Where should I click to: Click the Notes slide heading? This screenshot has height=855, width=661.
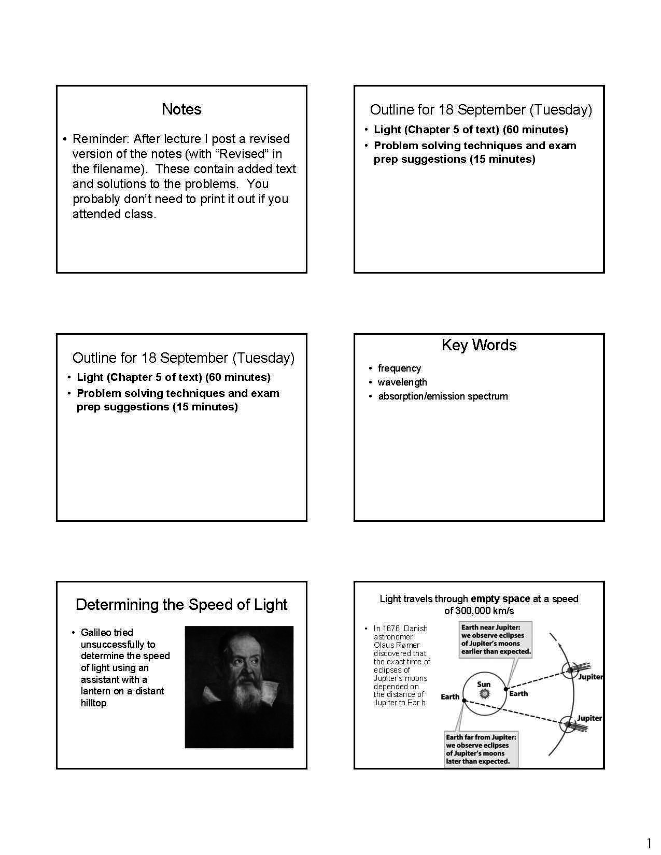click(x=181, y=109)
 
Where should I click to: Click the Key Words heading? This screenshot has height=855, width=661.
click(x=479, y=345)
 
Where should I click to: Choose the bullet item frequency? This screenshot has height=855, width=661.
click(x=399, y=368)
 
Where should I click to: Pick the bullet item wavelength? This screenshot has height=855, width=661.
click(x=402, y=382)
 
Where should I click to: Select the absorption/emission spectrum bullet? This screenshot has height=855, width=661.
click(x=443, y=396)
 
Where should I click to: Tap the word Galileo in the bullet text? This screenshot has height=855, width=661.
click(x=96, y=633)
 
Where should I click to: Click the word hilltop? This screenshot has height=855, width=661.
click(x=93, y=703)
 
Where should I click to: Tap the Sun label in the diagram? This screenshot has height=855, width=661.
click(x=484, y=684)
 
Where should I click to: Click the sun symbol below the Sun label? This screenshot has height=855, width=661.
click(x=484, y=693)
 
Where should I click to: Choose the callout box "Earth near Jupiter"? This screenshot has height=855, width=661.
click(x=496, y=640)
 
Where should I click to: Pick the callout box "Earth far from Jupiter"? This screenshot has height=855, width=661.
click(x=481, y=749)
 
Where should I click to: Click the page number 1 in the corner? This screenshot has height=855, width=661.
click(x=649, y=843)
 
